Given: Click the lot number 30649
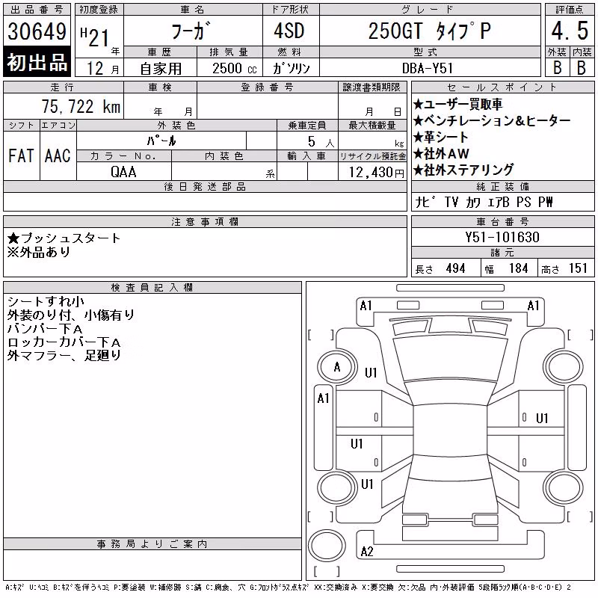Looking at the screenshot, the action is [37, 31].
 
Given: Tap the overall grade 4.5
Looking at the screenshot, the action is [570, 31].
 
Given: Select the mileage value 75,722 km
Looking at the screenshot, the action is [81, 106].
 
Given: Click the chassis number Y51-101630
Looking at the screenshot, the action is [502, 237].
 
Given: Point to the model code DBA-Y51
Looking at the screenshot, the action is [428, 68].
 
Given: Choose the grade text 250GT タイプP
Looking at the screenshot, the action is [430, 31].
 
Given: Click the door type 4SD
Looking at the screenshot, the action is [289, 31].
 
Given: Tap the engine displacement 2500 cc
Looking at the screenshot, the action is [235, 69].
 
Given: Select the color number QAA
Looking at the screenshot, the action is [123, 172].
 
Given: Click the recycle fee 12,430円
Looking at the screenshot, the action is [377, 173].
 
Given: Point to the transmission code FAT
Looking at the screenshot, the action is [21, 155].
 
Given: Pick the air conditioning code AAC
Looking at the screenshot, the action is [58, 155].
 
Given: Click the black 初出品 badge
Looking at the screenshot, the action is [37, 62].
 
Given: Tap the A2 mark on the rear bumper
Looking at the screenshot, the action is [367, 552].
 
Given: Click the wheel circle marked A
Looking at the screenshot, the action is [337, 367].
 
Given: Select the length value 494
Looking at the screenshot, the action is [455, 268].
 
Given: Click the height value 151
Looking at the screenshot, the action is [578, 268].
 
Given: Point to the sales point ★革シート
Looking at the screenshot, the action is [440, 137].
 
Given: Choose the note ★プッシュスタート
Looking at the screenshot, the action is [64, 238].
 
